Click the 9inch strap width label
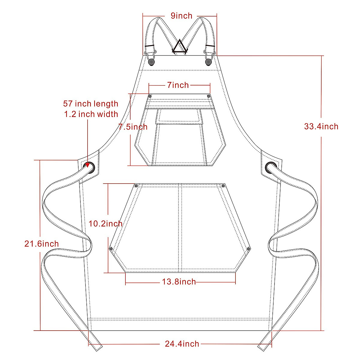pyautogui.click(x=181, y=16)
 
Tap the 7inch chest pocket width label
pyautogui.click(x=178, y=85)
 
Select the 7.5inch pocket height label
pyautogui.click(x=133, y=127)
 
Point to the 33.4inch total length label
pyautogui.click(x=321, y=127)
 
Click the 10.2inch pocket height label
pyautogui.click(x=105, y=223)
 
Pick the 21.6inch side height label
pyautogui.click(x=41, y=244)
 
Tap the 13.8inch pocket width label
pyautogui.click(x=179, y=282)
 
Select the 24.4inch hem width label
pyautogui.click(x=182, y=344)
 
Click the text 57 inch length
pyautogui.click(x=91, y=104)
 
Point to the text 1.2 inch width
pyautogui.click(x=91, y=114)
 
